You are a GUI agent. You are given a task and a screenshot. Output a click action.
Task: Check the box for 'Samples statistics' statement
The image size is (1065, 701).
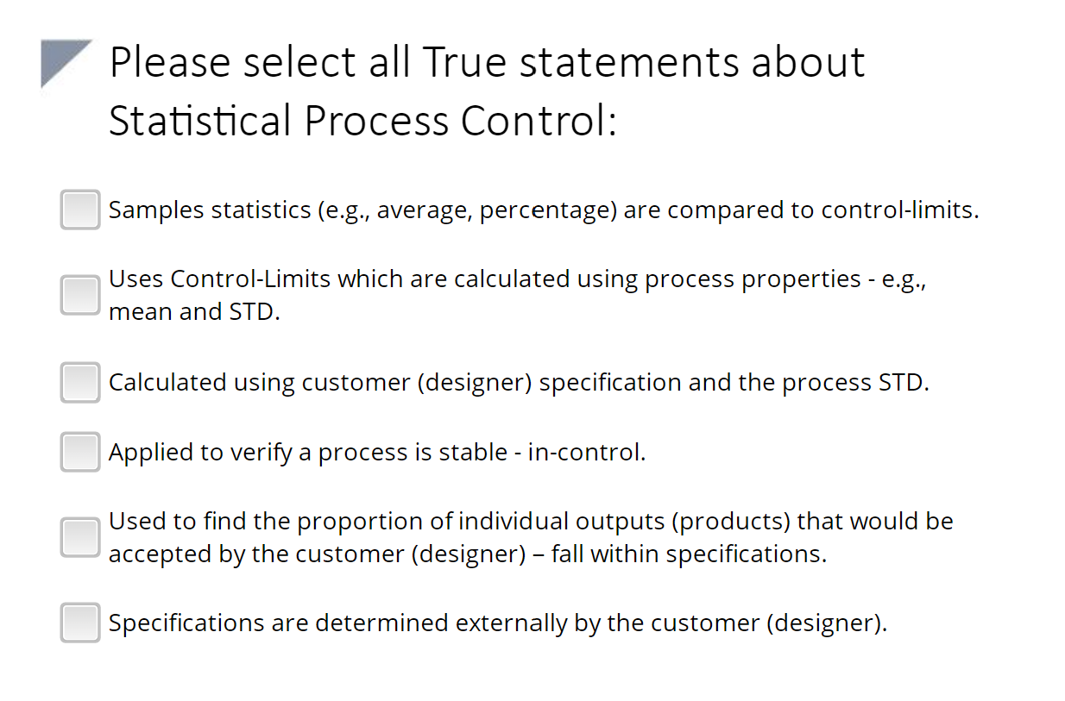pyautogui.click(x=80, y=210)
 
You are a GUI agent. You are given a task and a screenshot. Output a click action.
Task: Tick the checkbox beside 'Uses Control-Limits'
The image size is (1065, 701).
pyautogui.click(x=80, y=295)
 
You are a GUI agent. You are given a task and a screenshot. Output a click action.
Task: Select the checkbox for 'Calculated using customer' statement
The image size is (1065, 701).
pyautogui.click(x=80, y=382)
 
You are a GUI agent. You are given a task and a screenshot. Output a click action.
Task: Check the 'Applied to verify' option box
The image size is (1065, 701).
pyautogui.click(x=80, y=452)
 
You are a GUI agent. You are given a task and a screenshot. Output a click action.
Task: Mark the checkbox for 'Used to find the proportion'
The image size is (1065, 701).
pyautogui.click(x=80, y=537)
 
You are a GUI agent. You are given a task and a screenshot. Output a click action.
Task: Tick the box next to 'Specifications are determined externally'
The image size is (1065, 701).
pyautogui.click(x=80, y=623)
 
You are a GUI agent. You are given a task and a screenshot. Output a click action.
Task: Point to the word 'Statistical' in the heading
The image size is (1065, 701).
pyautogui.click(x=200, y=121)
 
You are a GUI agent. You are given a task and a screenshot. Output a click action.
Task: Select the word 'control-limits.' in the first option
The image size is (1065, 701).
pyautogui.click(x=900, y=210)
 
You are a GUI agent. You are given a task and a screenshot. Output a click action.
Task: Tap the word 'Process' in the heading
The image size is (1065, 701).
pyautogui.click(x=376, y=121)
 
